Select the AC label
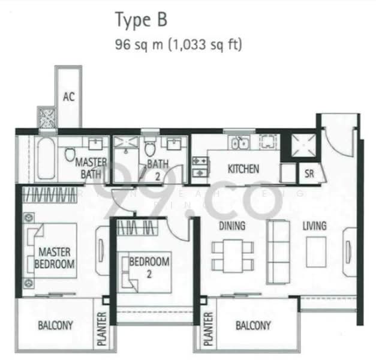coord(69,96)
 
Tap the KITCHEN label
coord(243,169)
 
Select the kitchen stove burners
coord(199,166)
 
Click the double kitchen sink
coord(240,143)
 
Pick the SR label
coord(309,174)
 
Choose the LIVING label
coord(314,226)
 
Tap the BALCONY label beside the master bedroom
coord(55,326)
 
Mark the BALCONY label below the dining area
coord(252,326)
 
